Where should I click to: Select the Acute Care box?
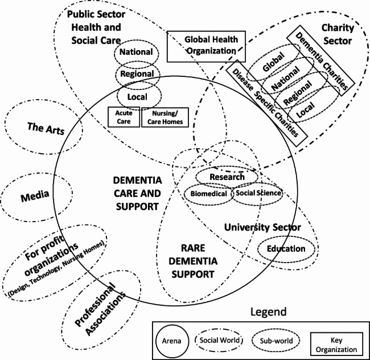[x=124, y=117]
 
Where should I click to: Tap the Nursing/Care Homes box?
[x=165, y=117]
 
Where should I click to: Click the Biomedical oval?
[x=208, y=193]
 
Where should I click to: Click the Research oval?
[x=227, y=177]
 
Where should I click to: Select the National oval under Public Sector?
[x=137, y=52]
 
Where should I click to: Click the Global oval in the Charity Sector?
[x=273, y=67]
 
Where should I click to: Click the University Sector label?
[x=262, y=228]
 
